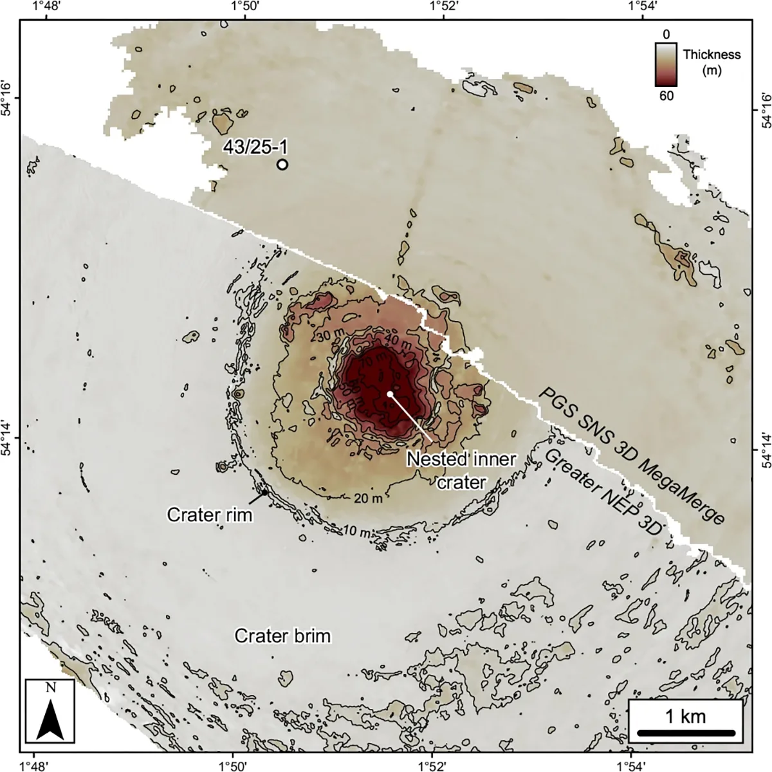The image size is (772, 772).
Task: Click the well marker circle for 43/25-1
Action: tap(282, 164)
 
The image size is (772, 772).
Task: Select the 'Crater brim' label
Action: tap(282, 636)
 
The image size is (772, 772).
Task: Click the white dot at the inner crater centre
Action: tap(390, 394)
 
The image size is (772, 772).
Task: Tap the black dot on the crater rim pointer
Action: tap(264, 493)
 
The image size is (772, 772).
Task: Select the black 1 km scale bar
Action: tap(685, 733)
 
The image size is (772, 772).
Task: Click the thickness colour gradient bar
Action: tap(666, 64)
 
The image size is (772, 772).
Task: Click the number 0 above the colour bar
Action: tap(666, 33)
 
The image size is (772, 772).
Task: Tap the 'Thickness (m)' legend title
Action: tap(712, 62)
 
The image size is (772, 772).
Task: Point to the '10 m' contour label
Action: tap(356, 532)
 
